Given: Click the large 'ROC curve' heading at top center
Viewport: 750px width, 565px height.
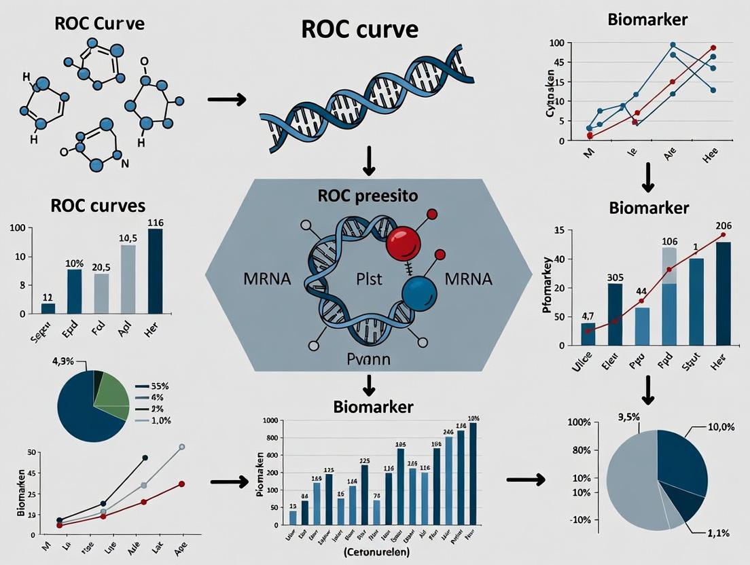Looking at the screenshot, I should pos(360,30).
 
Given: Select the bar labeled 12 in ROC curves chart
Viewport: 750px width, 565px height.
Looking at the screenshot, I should pos(48,308).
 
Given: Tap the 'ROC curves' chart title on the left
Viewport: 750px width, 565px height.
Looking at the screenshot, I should pos(99,205).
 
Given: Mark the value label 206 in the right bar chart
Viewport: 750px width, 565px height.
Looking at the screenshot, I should pos(723,226).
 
